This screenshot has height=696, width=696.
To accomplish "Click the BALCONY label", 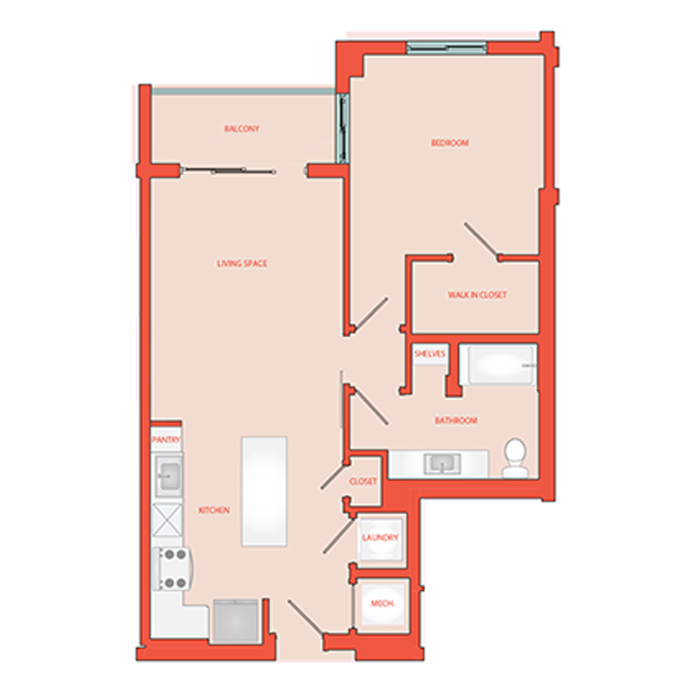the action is pos(241,128).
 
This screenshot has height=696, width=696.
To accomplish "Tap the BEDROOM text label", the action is pos(450,143).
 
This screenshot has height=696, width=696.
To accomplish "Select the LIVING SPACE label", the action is pos(242,264).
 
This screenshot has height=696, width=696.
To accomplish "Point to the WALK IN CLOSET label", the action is pos(477,295).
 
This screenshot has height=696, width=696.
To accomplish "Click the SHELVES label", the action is pos(430,353).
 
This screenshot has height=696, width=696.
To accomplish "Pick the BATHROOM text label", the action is pos(455,421).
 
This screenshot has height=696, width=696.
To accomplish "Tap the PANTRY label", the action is pos(166,440).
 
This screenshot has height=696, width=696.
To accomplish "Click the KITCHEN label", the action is pos(214,510).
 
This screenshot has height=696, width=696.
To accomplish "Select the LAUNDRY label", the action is pos(380,538).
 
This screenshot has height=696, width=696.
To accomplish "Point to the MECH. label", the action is pos(382,604).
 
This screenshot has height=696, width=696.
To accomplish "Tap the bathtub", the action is pos(497,365).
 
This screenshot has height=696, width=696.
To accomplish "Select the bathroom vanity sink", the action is pos(442,463).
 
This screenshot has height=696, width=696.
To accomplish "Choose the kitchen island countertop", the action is pos(264,491).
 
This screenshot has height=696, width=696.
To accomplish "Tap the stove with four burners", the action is pos(172,568).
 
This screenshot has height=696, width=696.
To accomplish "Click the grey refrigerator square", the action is pos(236,621).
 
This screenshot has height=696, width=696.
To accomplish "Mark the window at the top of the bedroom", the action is pos(446,47).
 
